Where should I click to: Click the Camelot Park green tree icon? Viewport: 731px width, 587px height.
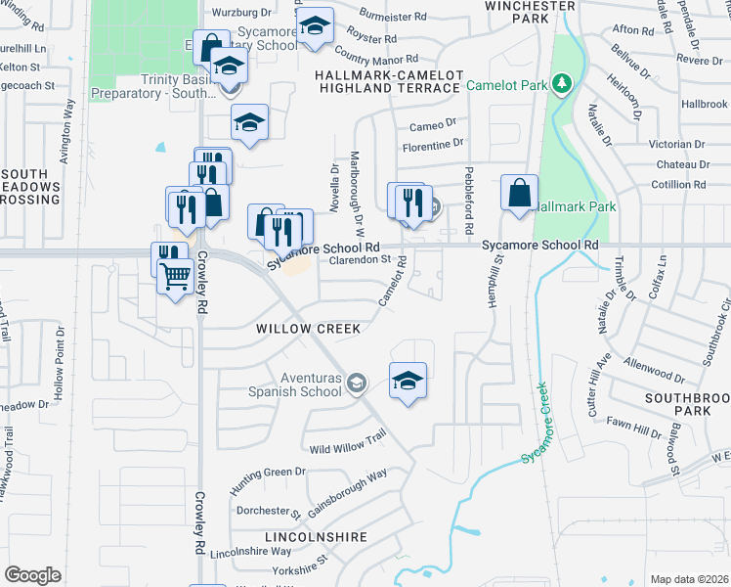(x=561, y=85)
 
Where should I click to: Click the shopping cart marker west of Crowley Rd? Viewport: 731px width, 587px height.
(x=175, y=277)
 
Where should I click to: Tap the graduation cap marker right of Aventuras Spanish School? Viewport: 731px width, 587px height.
(x=408, y=380)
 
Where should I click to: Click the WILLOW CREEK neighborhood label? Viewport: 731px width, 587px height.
(x=309, y=329)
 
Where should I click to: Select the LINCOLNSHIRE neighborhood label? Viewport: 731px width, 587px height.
(x=316, y=537)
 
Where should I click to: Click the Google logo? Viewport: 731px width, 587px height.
(x=32, y=574)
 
